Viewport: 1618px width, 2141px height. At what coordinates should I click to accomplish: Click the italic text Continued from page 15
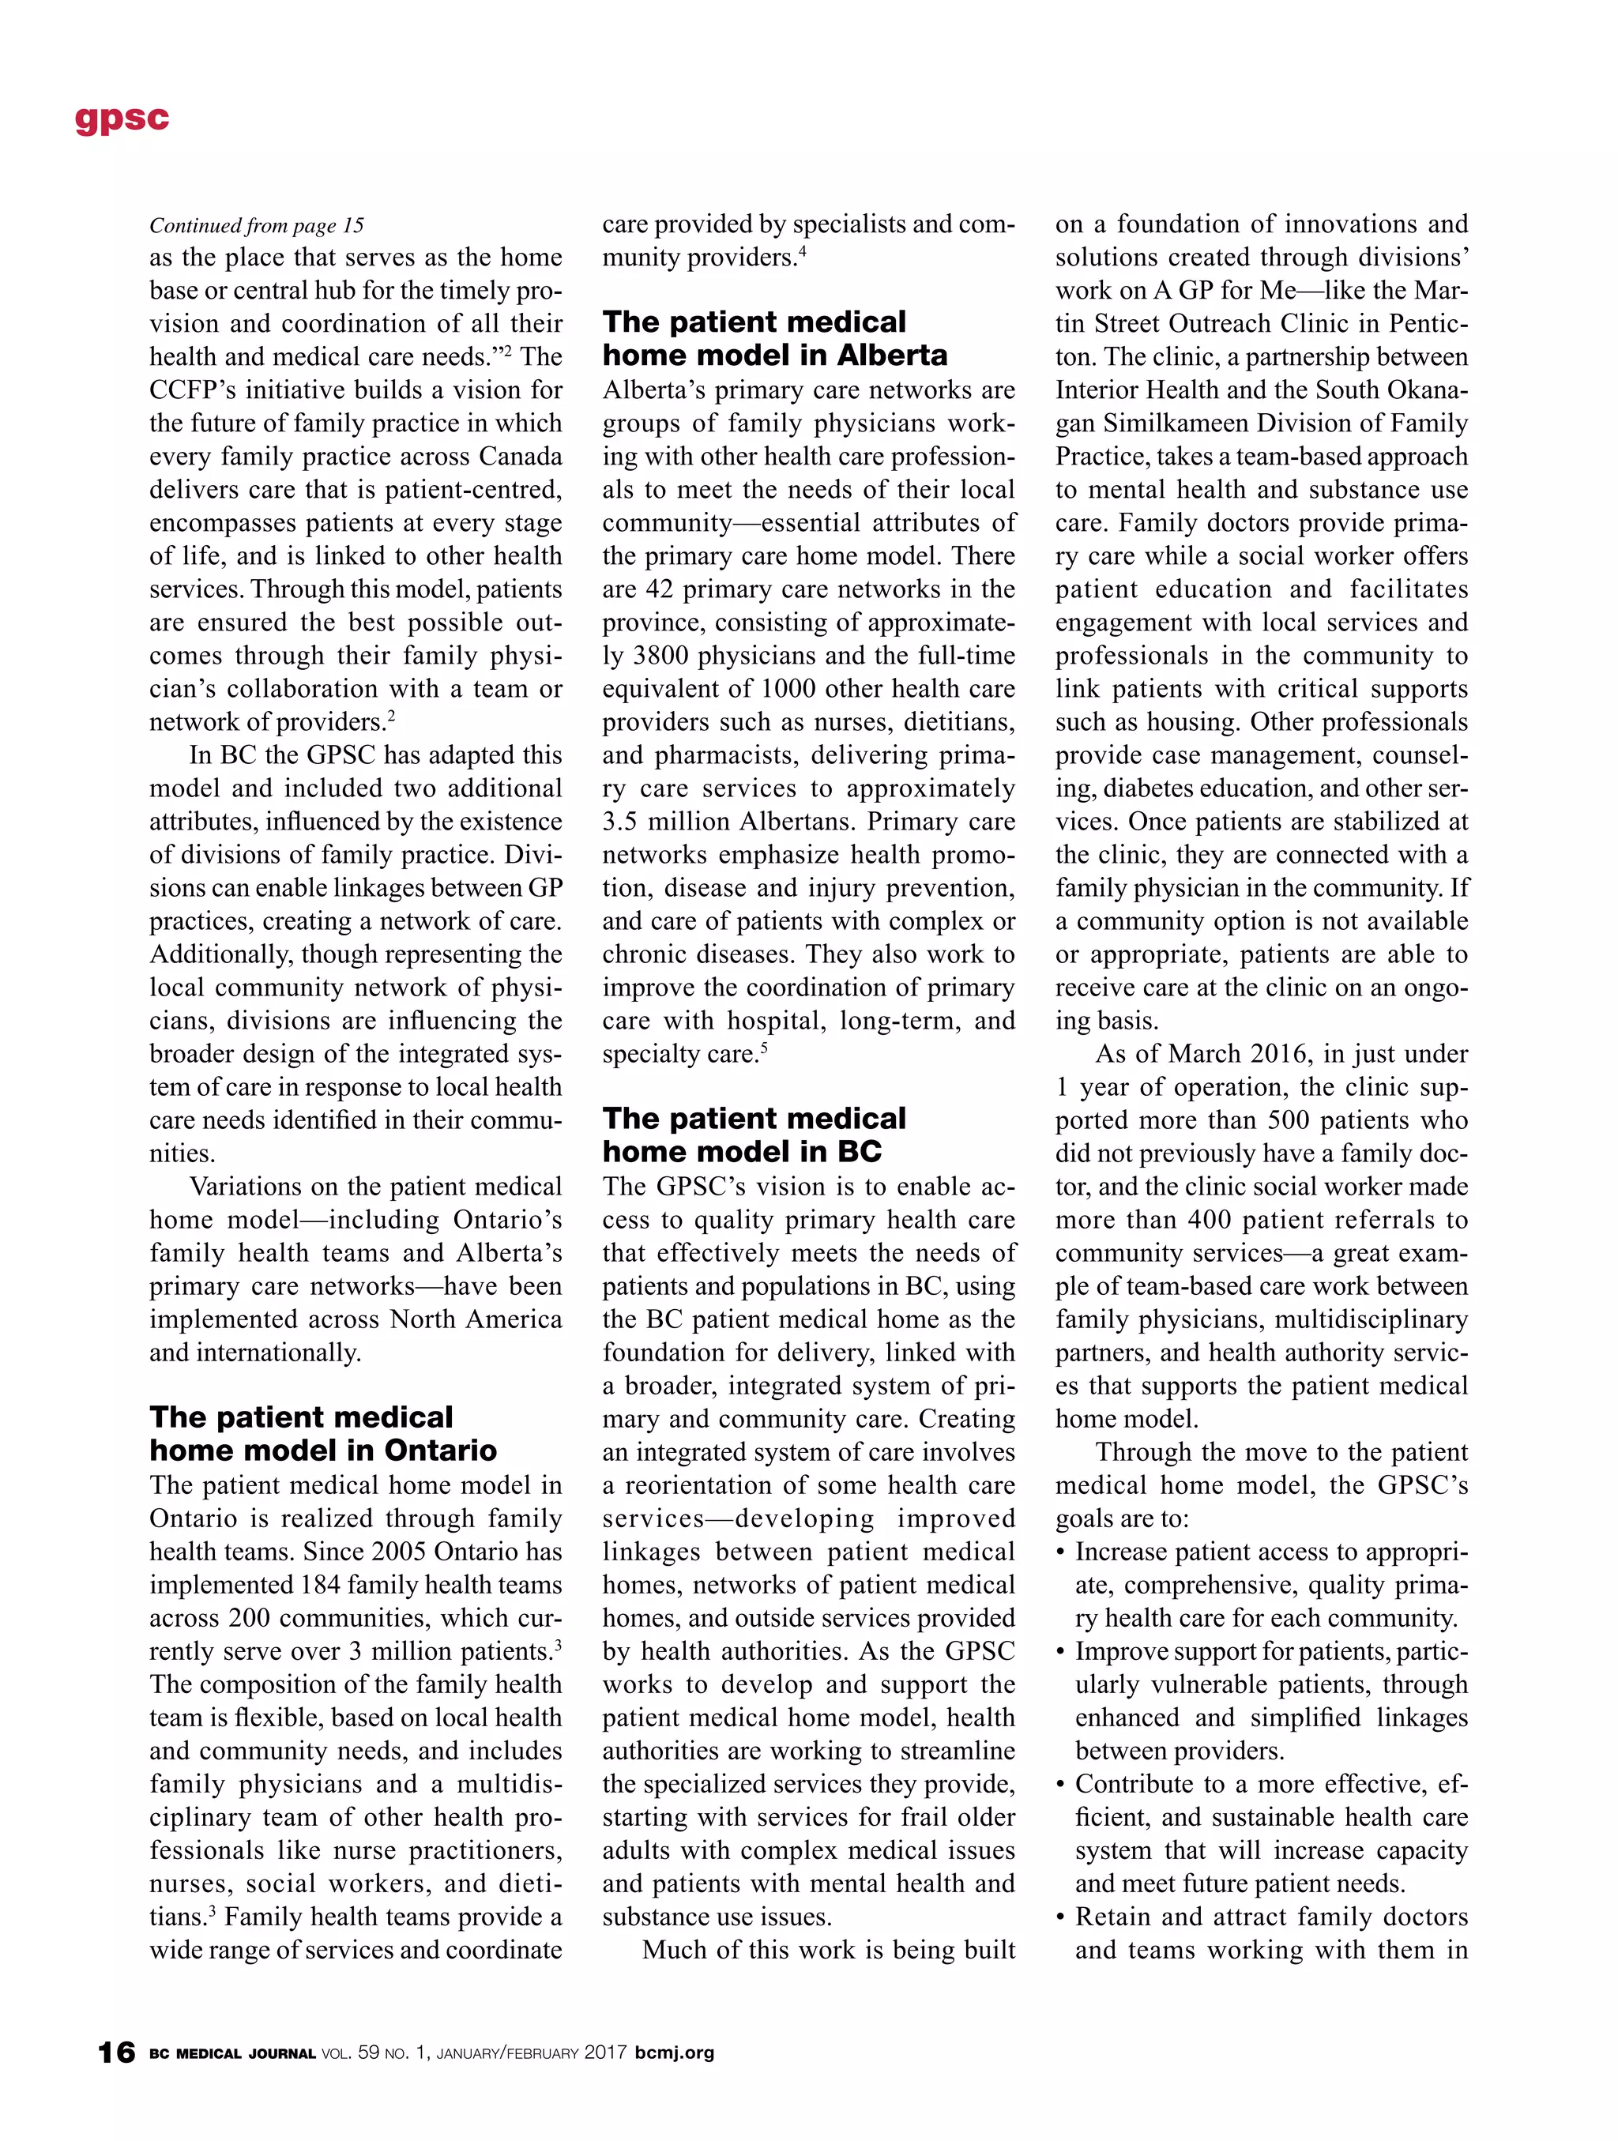(257, 225)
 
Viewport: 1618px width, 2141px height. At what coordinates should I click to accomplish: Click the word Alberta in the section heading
(892, 356)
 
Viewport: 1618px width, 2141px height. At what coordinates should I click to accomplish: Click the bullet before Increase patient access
(1062, 1552)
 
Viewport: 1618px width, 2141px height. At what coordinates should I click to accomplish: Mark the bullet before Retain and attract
(1062, 1917)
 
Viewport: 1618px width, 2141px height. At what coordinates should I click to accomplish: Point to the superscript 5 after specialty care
(765, 1048)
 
